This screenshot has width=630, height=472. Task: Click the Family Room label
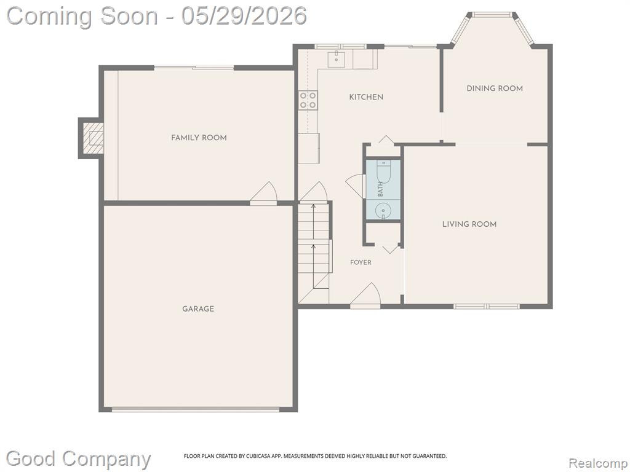click(x=199, y=138)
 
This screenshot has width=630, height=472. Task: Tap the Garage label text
click(x=198, y=309)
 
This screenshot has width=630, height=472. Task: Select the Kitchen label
click(x=366, y=97)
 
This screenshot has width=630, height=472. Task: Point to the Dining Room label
click(x=495, y=88)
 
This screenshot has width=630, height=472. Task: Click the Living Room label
click(x=469, y=224)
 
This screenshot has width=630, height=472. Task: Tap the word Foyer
click(x=361, y=262)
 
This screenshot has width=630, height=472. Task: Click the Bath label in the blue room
click(x=380, y=189)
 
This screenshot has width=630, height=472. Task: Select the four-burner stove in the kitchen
click(x=308, y=100)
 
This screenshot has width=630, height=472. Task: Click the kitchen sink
click(x=337, y=60)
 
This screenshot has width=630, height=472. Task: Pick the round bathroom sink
click(x=383, y=210)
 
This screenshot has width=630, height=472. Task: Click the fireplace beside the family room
click(x=91, y=138)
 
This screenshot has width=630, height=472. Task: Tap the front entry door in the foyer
click(x=365, y=296)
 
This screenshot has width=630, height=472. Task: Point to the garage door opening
click(x=195, y=410)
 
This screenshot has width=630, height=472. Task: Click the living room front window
click(x=487, y=307)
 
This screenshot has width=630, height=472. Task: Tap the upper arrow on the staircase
click(x=313, y=221)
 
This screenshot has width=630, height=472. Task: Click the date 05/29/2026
click(x=244, y=17)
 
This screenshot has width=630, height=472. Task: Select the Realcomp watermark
click(x=598, y=463)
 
